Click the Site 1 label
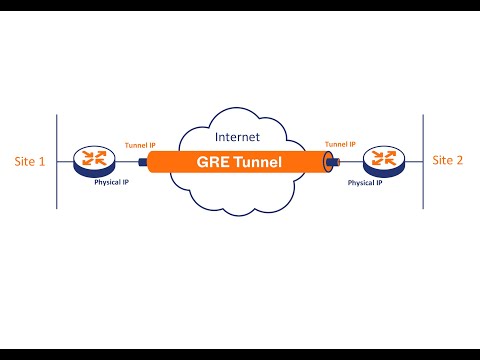pos(29,161)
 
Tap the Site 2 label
pos(447,160)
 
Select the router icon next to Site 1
pos(93,159)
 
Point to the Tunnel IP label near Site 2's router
pos(342,144)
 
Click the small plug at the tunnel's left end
pos(143,160)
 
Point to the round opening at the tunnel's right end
pos(329,160)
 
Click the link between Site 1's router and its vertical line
pos(65,160)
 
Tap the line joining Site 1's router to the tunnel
pos(126,160)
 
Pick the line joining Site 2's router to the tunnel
pos(351,160)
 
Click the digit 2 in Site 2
pos(459,160)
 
